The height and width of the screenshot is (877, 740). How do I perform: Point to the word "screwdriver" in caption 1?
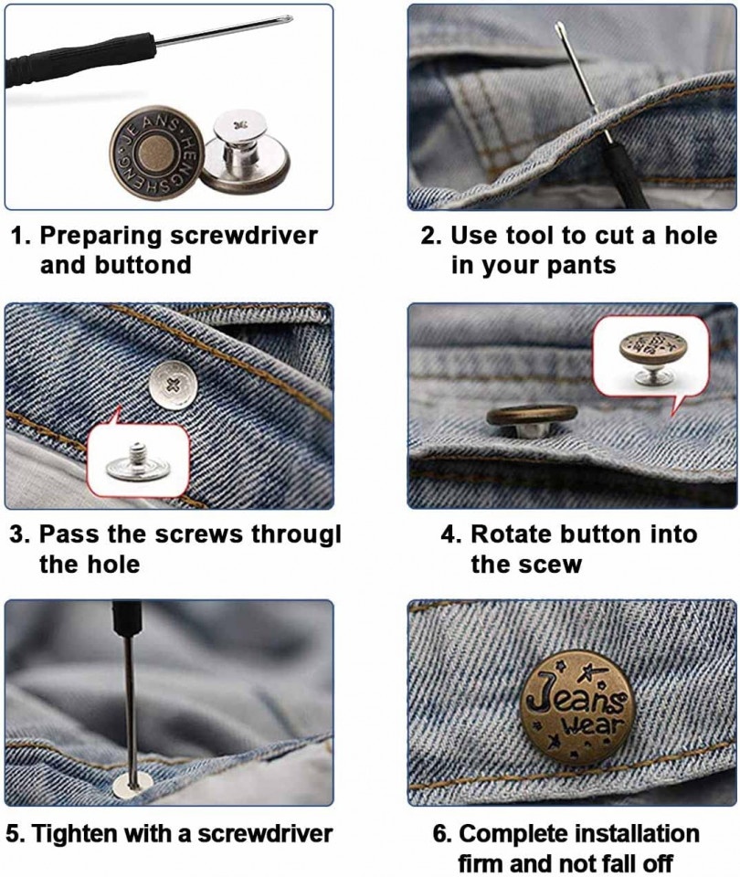pyautogui.click(x=244, y=236)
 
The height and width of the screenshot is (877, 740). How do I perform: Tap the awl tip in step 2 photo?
pyautogui.click(x=558, y=26)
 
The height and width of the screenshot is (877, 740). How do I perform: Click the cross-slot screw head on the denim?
pyautogui.click(x=173, y=385)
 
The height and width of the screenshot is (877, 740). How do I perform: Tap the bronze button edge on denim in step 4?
pyautogui.click(x=532, y=415)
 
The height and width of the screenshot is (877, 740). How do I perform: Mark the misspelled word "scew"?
pyautogui.click(x=551, y=565)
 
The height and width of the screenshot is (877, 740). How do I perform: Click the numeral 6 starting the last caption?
pyautogui.click(x=440, y=834)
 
